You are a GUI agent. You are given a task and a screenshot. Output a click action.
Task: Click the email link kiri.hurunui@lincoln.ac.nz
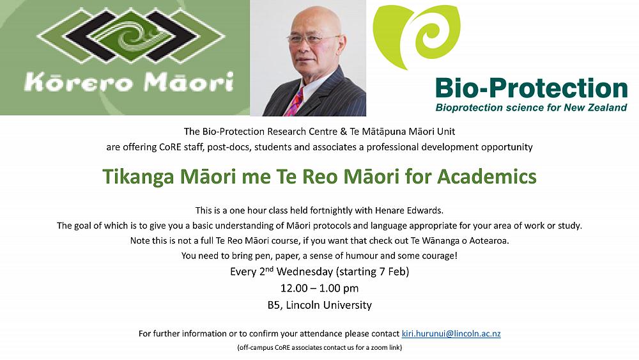(451, 334)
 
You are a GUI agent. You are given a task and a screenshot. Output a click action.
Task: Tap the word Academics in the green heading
(487, 176)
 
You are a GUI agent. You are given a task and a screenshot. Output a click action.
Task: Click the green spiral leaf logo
(417, 36)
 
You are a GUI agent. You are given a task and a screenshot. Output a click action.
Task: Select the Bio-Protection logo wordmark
(532, 88)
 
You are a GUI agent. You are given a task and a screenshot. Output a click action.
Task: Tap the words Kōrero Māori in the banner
(129, 82)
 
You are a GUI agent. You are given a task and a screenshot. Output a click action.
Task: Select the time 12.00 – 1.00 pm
(319, 288)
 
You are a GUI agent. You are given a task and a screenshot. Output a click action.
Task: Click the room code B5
(273, 305)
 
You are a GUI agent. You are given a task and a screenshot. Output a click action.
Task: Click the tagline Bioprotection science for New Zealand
(531, 107)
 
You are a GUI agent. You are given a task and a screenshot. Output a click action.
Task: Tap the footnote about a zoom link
(319, 347)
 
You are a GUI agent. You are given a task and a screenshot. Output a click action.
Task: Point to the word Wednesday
(305, 272)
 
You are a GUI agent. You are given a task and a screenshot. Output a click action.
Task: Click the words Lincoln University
(329, 305)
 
